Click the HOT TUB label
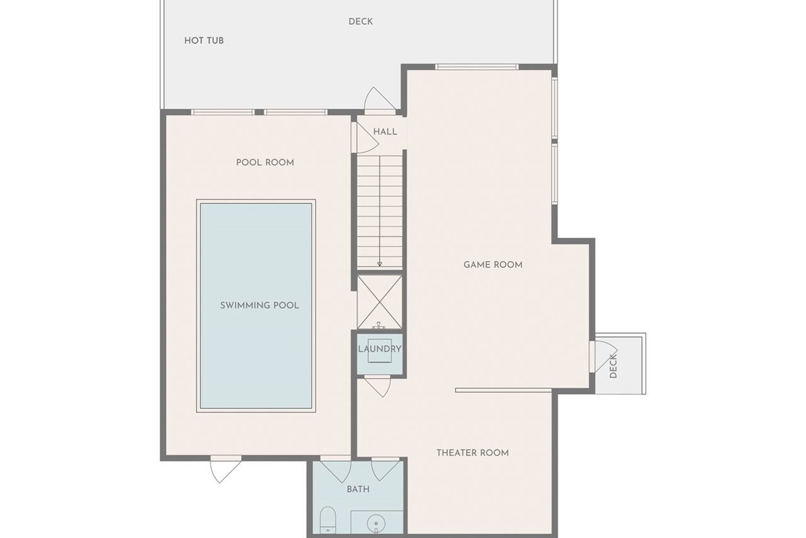click(204, 41)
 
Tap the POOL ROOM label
click(265, 163)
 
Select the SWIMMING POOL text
click(259, 305)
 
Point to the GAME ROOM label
click(493, 265)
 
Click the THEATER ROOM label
click(473, 453)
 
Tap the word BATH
click(358, 490)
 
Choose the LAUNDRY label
click(379, 349)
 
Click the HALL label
click(386, 132)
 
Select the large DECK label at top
click(361, 22)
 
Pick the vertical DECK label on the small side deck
click(613, 366)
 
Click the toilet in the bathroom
click(328, 520)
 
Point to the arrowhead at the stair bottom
click(379, 264)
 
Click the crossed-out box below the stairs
click(379, 302)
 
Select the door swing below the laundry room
click(377, 386)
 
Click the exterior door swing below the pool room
click(226, 469)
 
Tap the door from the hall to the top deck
click(380, 100)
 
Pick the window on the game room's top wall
click(477, 67)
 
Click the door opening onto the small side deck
click(604, 356)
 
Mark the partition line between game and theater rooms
click(503, 390)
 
